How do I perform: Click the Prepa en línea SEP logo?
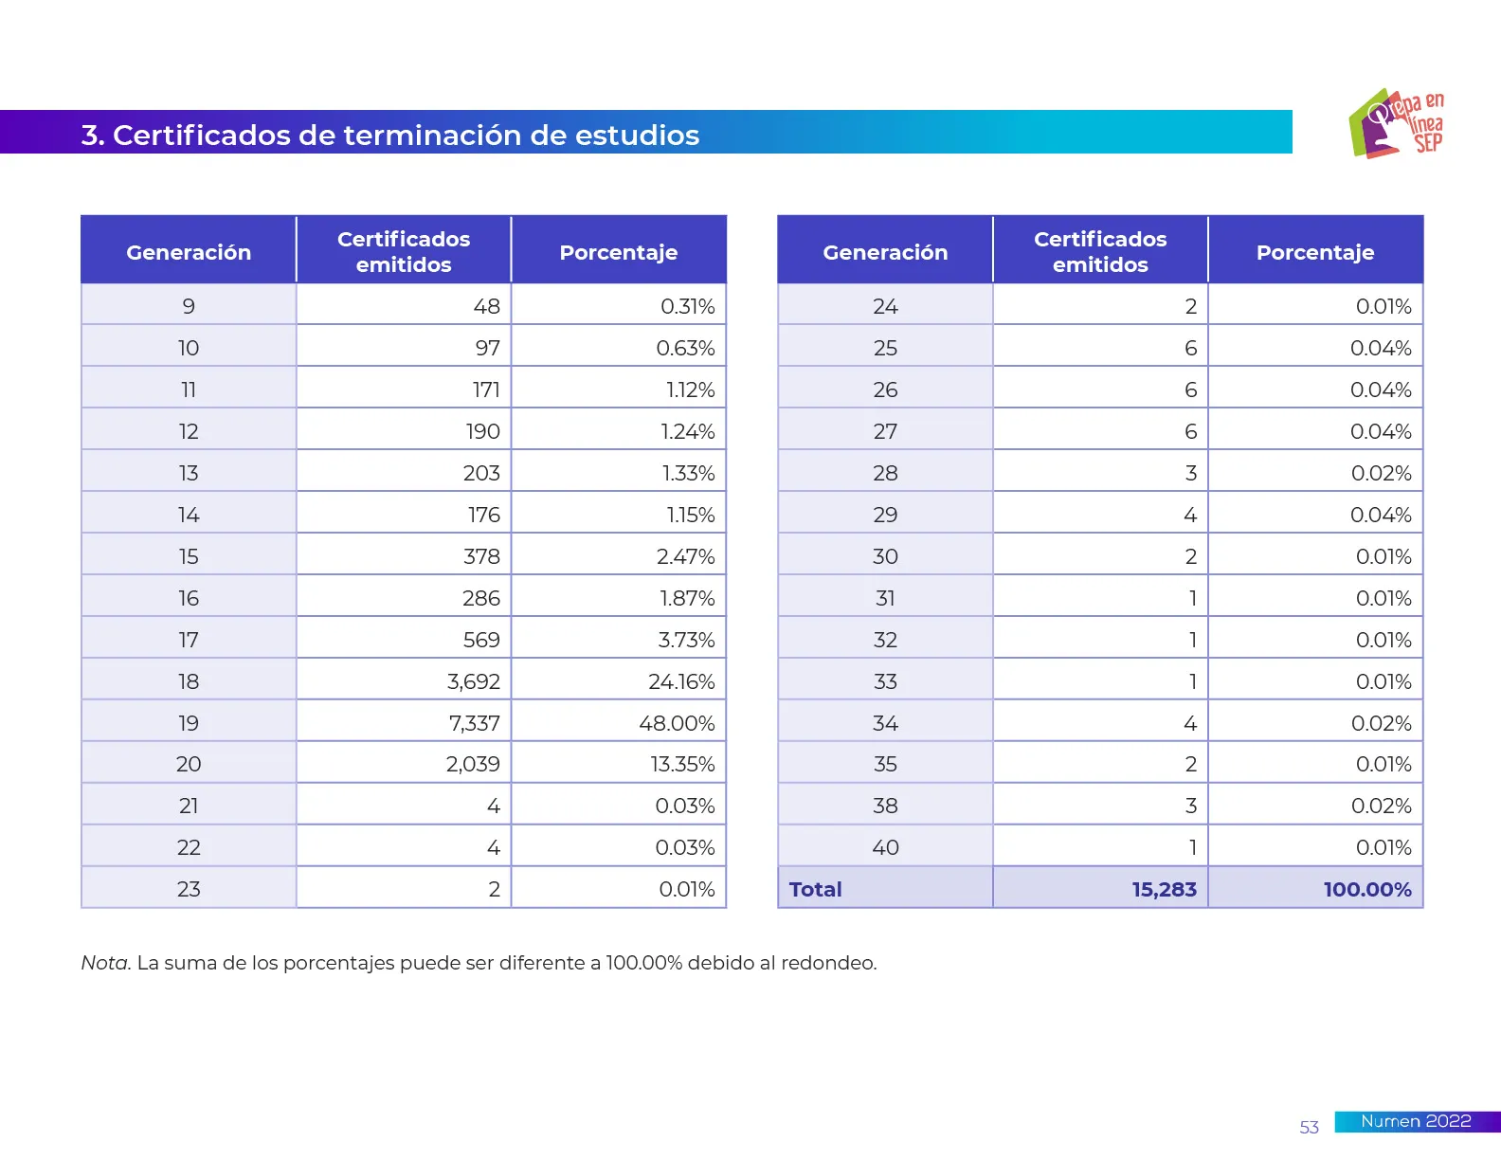click(x=1397, y=123)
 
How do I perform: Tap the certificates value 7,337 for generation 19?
click(x=474, y=723)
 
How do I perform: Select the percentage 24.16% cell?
click(x=681, y=681)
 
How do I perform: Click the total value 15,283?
click(x=1164, y=889)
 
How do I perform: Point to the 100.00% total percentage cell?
click(x=1367, y=889)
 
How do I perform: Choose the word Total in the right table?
click(x=815, y=889)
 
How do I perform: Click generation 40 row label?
click(x=885, y=847)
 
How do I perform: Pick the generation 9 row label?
click(x=189, y=306)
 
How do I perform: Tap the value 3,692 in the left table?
click(x=474, y=681)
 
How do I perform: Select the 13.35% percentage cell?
click(x=682, y=764)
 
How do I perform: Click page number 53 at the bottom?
click(x=1309, y=1127)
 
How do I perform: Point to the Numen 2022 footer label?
click(x=1416, y=1121)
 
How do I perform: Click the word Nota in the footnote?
click(x=104, y=963)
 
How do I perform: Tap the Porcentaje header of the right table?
click(x=1315, y=252)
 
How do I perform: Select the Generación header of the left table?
click(x=189, y=252)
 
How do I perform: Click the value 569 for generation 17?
click(x=481, y=640)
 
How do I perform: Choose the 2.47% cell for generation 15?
click(x=685, y=556)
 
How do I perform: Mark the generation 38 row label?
click(x=885, y=806)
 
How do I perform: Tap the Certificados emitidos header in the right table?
click(x=1100, y=251)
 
